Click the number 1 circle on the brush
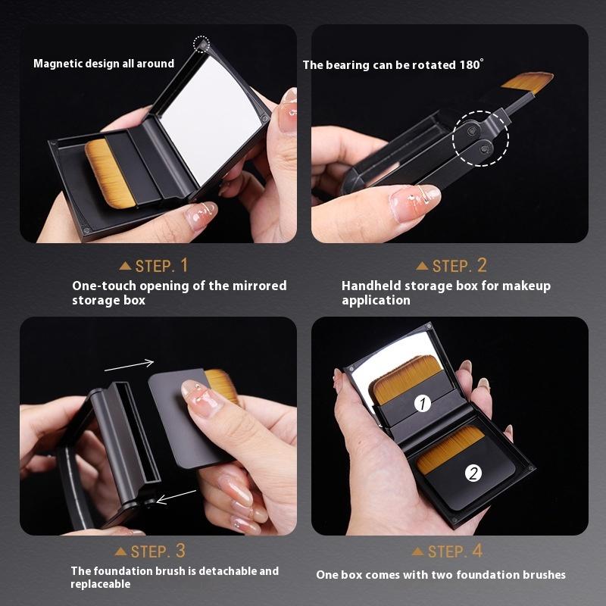coord(423,404)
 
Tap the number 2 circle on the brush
coord(473,474)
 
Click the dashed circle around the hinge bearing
coord(480,137)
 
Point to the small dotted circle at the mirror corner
coord(201,44)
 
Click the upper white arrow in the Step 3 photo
coord(129,366)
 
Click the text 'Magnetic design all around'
coord(104,64)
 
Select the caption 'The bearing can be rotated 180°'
coord(392,65)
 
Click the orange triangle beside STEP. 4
coord(417,551)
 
